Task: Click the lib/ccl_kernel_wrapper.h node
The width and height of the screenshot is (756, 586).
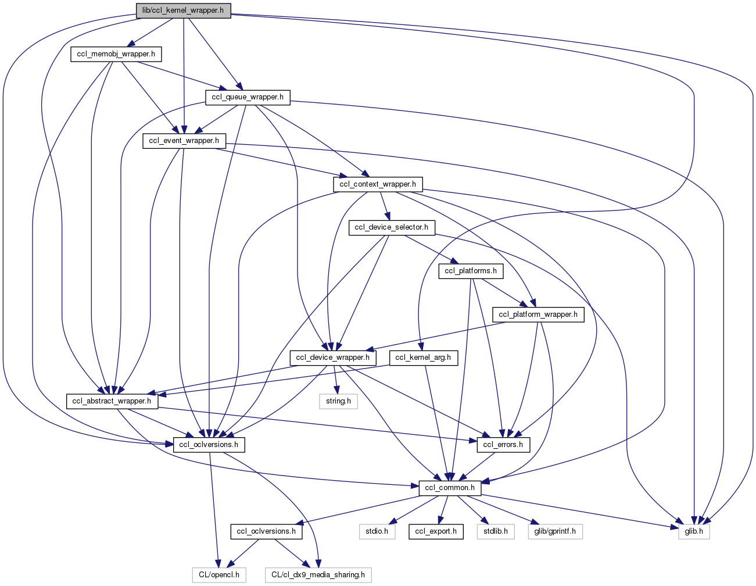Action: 183,11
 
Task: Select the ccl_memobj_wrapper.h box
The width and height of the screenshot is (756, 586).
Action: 116,55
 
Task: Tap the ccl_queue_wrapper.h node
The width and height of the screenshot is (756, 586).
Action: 248,97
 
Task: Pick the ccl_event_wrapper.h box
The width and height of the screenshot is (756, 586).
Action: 184,141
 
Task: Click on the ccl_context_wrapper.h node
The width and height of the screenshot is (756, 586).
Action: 378,184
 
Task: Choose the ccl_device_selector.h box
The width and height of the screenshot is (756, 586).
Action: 391,227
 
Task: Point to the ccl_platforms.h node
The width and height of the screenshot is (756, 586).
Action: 471,271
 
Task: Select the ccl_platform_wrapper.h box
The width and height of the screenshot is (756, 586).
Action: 538,315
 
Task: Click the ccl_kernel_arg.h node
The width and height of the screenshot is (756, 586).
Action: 423,358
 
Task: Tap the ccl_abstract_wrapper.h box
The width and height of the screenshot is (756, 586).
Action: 112,401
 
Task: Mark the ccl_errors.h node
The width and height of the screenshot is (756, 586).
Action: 503,445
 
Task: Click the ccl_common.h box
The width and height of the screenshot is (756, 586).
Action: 450,488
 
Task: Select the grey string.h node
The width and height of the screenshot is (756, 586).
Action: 338,401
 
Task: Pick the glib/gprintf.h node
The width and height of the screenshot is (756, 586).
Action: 555,531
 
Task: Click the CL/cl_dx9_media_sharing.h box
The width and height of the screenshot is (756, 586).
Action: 318,575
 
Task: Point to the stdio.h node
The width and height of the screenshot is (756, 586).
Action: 377,531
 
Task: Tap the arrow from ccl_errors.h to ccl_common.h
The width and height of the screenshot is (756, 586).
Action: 478,466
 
